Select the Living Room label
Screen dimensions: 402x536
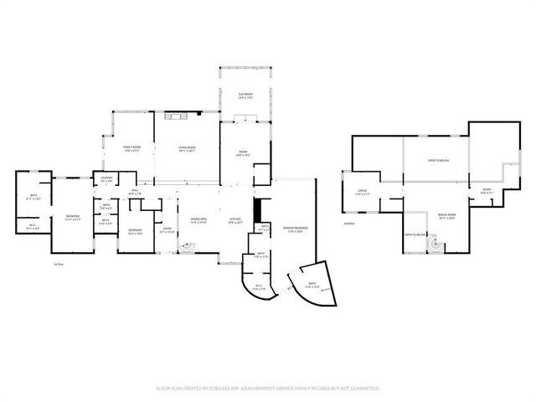186,150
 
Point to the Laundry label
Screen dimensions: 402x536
106,178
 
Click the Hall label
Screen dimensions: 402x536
134,193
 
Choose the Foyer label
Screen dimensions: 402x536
167,230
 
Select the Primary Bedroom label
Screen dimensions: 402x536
295,229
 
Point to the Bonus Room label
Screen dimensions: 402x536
446,216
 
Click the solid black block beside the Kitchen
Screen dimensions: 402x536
259,209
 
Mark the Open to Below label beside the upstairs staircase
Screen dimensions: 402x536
416,235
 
